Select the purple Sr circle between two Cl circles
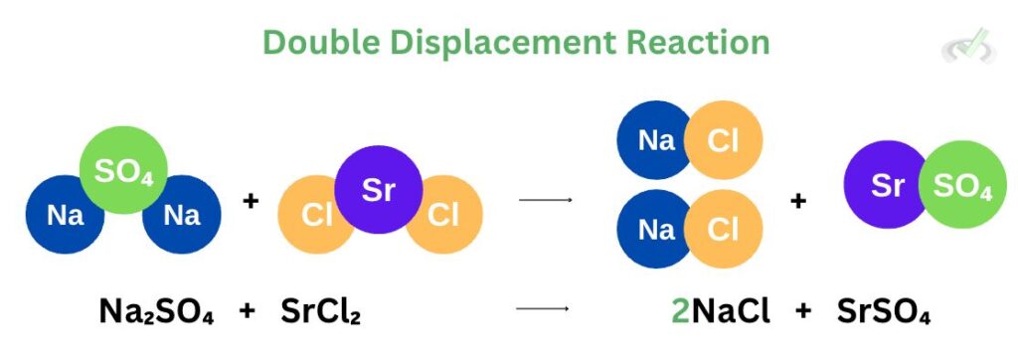coord(379,190)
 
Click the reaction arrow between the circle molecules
coord(546,201)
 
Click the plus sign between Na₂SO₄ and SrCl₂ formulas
coord(249,312)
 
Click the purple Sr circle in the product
coord(885,185)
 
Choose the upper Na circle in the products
coord(656,140)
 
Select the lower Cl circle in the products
coord(723,231)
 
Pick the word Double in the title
coord(322,42)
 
